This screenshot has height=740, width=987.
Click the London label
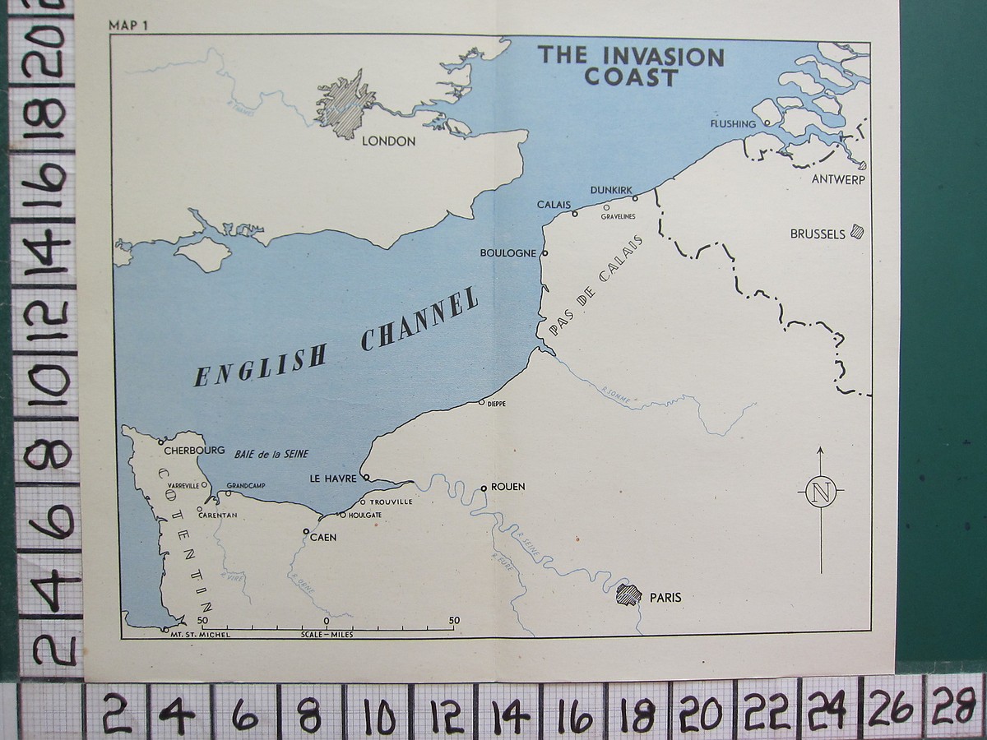point(389,141)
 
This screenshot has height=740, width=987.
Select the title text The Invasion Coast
point(631,67)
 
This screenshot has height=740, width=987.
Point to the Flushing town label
point(731,124)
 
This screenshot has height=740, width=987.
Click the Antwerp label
point(838,179)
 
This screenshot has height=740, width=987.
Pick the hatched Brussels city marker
point(857,232)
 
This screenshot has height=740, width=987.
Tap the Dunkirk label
point(611,191)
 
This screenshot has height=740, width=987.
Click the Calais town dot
point(575,214)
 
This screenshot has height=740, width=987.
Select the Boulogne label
point(508,253)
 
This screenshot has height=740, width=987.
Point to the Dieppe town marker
point(482,403)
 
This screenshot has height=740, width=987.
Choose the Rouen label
point(507,487)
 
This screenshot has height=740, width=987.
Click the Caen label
point(323,538)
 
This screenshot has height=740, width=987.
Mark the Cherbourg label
point(194,451)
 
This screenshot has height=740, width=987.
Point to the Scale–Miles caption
point(327,634)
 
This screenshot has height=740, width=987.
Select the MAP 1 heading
point(127,25)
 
